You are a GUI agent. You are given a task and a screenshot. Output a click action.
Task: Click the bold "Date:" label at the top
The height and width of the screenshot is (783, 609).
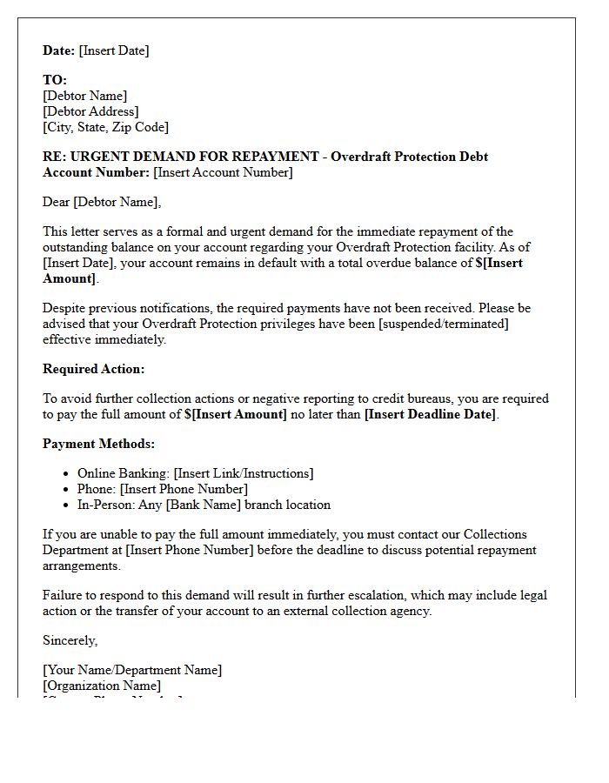pos(59,50)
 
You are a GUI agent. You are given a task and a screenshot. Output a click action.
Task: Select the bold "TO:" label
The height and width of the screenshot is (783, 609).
pos(55,80)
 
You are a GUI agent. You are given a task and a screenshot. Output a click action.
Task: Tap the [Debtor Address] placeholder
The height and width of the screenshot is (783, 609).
pos(90,111)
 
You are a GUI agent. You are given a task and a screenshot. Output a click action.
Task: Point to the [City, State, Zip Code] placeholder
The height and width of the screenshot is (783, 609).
pos(105,127)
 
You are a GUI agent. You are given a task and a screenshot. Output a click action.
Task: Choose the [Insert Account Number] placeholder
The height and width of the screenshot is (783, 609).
pos(223,172)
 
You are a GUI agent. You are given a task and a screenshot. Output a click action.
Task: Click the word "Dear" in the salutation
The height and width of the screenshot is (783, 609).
pos(57,202)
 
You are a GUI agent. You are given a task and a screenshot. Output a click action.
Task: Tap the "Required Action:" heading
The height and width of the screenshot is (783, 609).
pos(94,369)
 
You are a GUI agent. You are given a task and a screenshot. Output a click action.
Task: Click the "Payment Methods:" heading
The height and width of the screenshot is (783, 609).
pos(98,444)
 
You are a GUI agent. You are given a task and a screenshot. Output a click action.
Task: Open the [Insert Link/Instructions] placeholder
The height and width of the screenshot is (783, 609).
pos(244,473)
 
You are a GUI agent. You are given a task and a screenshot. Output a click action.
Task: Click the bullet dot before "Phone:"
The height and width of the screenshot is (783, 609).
pos(67,489)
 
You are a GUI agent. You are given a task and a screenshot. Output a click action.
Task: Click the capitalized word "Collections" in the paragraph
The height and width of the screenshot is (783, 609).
pos(495,534)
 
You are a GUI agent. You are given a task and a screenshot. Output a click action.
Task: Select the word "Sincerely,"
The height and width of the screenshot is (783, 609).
pos(70,640)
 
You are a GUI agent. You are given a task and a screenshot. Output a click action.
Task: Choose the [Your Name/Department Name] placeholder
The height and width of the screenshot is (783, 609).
pos(132,670)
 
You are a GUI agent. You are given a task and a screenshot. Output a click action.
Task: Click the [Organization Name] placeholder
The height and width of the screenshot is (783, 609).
pos(102,686)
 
